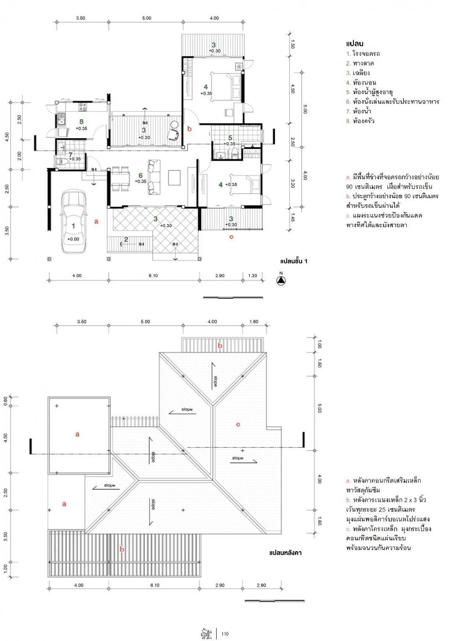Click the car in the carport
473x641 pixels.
click(x=73, y=222)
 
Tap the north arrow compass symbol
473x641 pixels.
click(x=281, y=281)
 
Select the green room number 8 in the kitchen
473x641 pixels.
click(x=81, y=122)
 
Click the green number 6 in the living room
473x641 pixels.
click(x=140, y=175)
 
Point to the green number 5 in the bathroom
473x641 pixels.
click(x=230, y=138)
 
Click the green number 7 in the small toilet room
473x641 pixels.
click(x=70, y=154)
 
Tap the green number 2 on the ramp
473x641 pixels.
click(x=126, y=239)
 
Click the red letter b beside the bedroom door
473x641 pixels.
click(x=189, y=129)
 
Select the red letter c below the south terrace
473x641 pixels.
click(x=231, y=237)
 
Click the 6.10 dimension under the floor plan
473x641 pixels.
click(x=153, y=276)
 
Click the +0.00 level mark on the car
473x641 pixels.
click(x=73, y=239)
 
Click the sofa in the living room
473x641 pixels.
click(x=154, y=177)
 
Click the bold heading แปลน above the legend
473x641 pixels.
click(x=355, y=44)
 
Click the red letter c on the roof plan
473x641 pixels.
click(x=238, y=424)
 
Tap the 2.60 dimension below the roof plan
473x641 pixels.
click(x=261, y=585)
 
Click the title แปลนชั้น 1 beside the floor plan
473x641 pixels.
click(x=294, y=261)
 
